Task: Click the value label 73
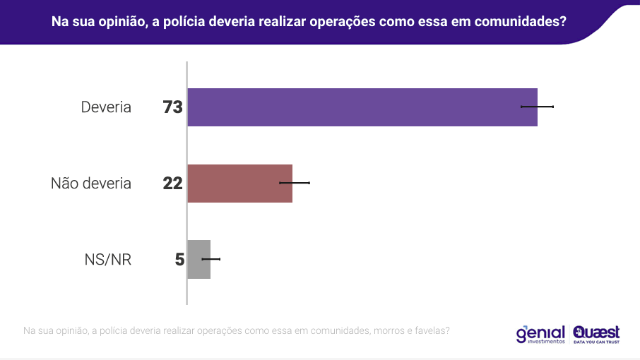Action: [x=172, y=107]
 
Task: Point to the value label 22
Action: [x=172, y=184]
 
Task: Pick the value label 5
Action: [x=179, y=260]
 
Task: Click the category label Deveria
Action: [x=106, y=107]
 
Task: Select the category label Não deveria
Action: [x=91, y=184]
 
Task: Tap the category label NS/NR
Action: [x=107, y=260]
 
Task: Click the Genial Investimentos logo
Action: [x=540, y=334]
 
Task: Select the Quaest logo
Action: [x=597, y=330]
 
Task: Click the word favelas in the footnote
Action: [x=429, y=330]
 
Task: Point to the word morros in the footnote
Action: [x=387, y=330]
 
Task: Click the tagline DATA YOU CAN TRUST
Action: [x=597, y=342]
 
